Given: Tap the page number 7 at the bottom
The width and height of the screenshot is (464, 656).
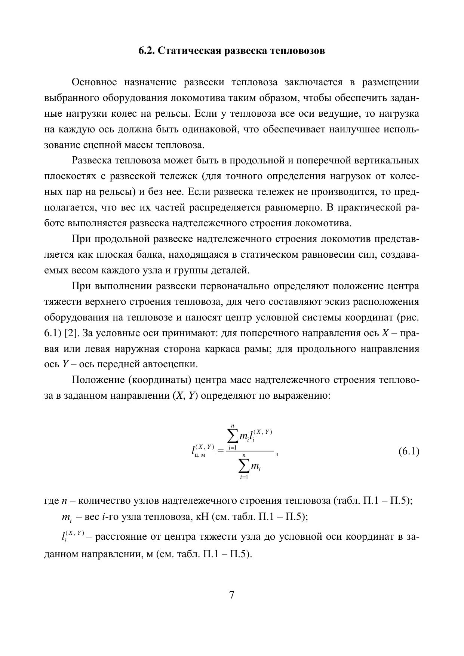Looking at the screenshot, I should (232, 595).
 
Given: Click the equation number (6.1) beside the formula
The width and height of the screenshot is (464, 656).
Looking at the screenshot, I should (409, 451).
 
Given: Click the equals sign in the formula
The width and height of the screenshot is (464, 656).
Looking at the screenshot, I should (220, 451).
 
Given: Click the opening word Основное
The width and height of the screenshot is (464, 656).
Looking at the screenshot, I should (94, 82).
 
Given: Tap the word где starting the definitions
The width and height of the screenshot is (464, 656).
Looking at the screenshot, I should (51, 501).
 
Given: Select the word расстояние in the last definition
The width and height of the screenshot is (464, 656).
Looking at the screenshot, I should (120, 537).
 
